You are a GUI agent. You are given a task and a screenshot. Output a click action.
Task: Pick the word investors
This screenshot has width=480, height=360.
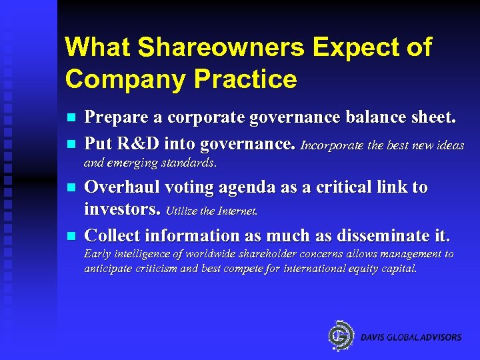pos(122,211)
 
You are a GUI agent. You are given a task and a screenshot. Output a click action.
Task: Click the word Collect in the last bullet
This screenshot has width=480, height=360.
pos(112,235)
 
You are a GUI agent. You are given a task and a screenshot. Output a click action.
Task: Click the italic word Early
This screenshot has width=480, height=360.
pos(96,254)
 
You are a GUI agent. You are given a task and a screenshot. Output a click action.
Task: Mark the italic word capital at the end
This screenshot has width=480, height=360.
pos(397,269)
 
